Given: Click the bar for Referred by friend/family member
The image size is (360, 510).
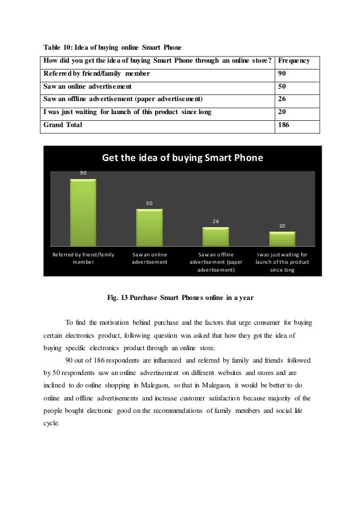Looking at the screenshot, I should [x=83, y=213].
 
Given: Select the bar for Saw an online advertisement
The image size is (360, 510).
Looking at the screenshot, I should [x=150, y=228].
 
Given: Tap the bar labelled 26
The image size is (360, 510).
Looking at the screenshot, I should [x=216, y=237].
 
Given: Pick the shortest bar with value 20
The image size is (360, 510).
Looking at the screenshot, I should [x=282, y=239].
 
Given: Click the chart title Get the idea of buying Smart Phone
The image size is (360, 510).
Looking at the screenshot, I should [x=182, y=158].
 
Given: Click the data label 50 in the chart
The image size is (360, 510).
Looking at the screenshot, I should [x=150, y=202].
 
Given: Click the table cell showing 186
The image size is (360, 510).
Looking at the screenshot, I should [x=285, y=125].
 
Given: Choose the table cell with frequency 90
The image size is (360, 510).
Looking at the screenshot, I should [x=282, y=74].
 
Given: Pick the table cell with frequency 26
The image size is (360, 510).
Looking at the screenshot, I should [x=282, y=99].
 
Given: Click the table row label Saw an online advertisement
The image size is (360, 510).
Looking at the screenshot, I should [x=87, y=87].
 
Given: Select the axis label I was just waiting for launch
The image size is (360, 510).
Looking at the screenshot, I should [x=282, y=262].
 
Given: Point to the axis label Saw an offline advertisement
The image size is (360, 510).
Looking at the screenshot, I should [x=216, y=262].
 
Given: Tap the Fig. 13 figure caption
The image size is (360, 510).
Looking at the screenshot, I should [x=180, y=298].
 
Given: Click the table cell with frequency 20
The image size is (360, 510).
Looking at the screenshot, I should [x=282, y=112].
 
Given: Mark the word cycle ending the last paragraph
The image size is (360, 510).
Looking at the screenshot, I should [x=51, y=423].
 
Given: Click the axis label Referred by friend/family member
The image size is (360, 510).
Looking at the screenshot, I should [x=83, y=258].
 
